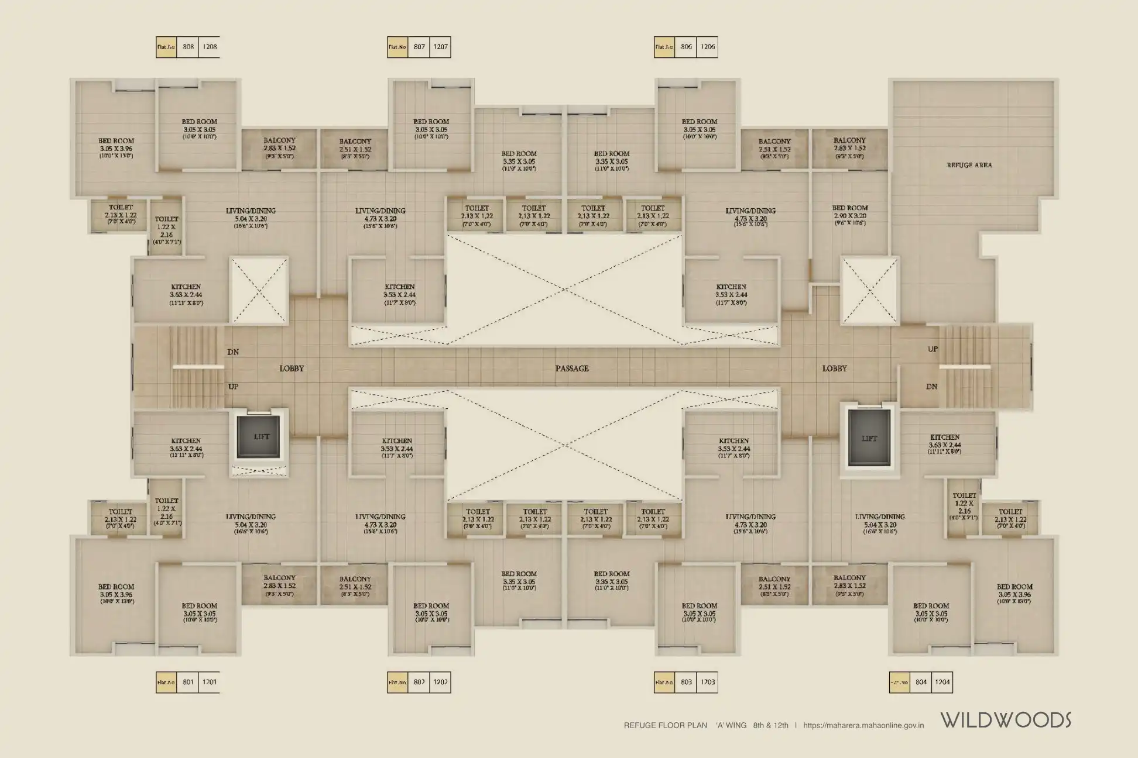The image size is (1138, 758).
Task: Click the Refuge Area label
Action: point(969,166)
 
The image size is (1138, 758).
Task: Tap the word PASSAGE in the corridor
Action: point(572,368)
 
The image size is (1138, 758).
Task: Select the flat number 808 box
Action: point(188,47)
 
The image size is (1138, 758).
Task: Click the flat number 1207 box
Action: point(440,47)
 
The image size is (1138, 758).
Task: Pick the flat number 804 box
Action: point(921,682)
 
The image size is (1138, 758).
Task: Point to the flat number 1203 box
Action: point(707,682)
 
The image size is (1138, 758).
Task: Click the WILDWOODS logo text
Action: point(1006,720)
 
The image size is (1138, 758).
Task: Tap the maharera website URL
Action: point(863,725)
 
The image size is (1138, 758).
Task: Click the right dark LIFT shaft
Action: point(869,439)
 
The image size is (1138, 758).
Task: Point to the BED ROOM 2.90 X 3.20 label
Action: point(850,215)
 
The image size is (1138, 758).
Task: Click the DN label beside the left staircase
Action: point(233,352)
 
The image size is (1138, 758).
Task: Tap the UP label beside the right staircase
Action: point(933,349)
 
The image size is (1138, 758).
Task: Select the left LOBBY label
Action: point(292,368)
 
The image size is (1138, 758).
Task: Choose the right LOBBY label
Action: point(834,368)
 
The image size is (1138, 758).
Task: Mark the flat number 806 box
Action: point(686,47)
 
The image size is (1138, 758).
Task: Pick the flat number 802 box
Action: point(419,682)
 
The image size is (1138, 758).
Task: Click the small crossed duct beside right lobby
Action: point(869,290)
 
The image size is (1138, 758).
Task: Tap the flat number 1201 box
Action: point(209,682)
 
